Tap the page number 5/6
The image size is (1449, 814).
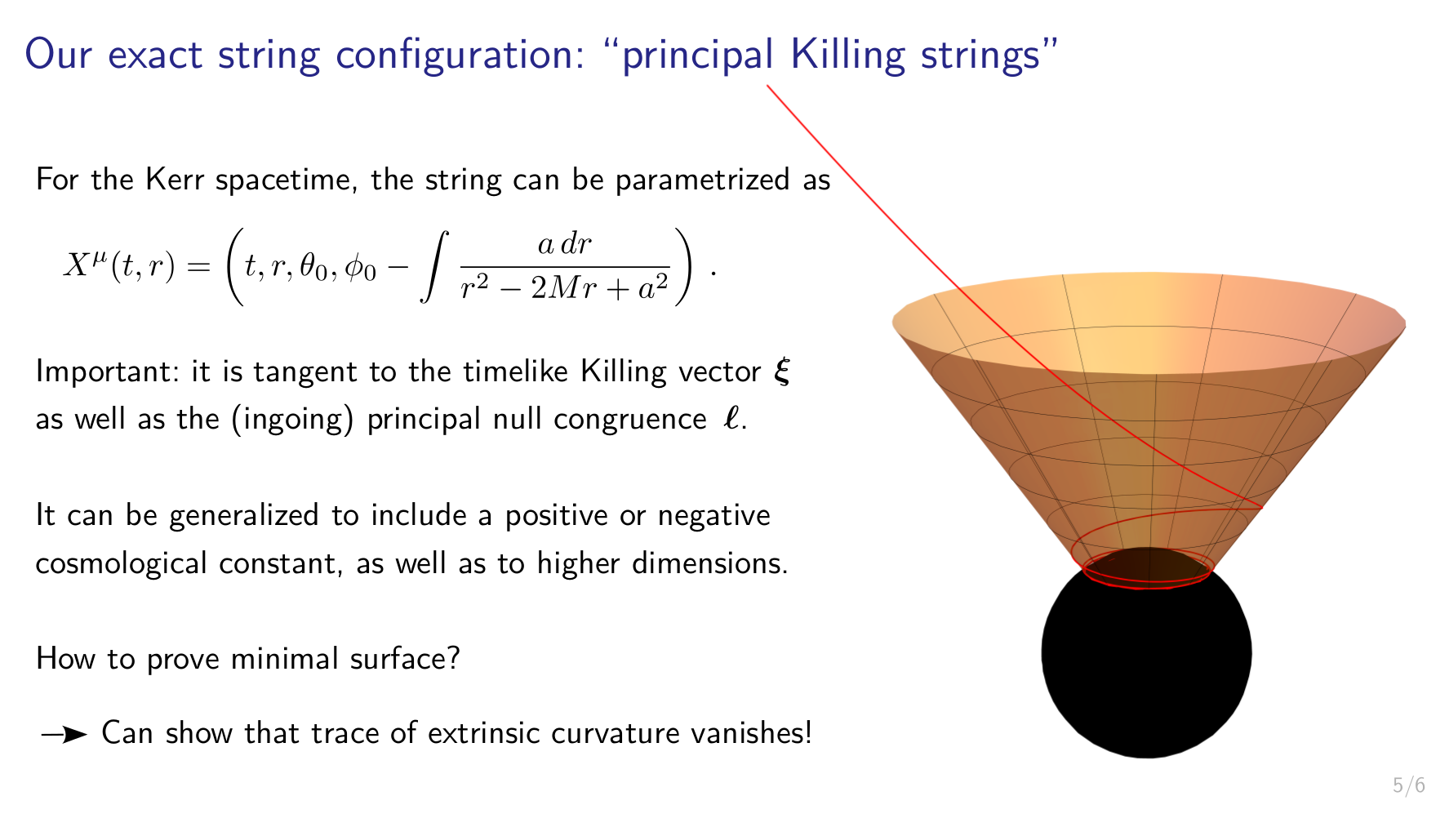click(x=1409, y=785)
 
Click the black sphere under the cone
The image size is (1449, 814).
click(x=1146, y=653)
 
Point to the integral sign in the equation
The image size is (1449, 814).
click(x=434, y=267)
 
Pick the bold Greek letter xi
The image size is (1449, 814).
click(x=782, y=372)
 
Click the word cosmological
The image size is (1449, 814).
click(x=121, y=563)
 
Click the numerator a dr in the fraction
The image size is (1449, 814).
click(x=564, y=244)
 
